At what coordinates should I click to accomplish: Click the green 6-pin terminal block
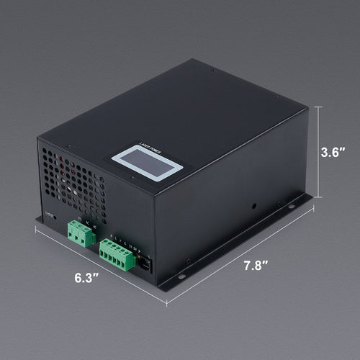(117, 254)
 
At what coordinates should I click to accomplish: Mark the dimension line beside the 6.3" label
(101, 268)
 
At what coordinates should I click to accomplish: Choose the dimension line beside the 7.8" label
(238, 259)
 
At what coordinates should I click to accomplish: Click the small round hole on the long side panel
(253, 206)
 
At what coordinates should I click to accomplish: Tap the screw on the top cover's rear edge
(214, 70)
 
